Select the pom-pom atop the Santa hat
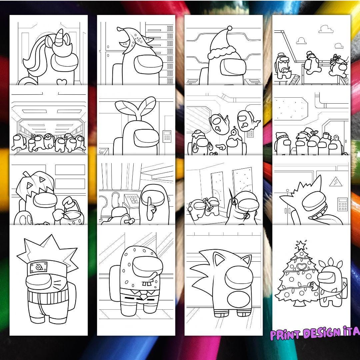click(230, 28)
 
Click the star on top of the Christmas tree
click(301, 245)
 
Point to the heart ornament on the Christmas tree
click(302, 267)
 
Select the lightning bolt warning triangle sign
click(333, 182)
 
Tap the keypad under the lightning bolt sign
click(343, 204)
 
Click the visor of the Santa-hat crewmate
click(235, 67)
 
